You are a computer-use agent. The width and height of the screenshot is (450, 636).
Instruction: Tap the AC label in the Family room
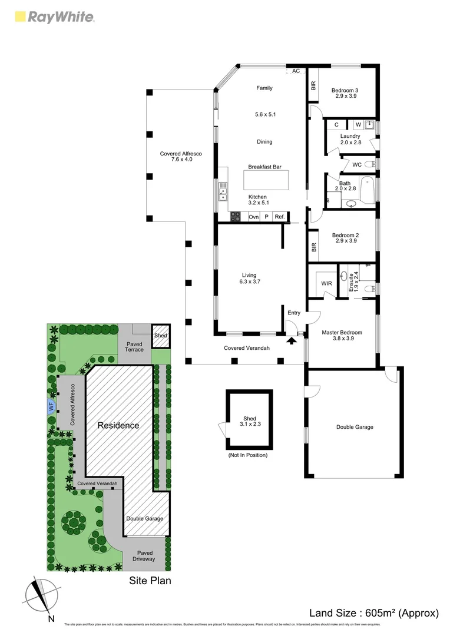pos(296,71)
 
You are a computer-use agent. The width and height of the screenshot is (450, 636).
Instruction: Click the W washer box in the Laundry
pos(358,125)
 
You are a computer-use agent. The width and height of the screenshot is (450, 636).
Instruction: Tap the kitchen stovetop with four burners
pos(236,217)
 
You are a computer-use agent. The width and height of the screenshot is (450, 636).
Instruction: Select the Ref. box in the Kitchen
pos(280,217)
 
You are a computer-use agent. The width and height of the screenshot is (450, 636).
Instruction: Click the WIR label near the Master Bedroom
pos(326,283)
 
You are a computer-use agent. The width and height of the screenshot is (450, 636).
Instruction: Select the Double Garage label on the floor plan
pos(354,427)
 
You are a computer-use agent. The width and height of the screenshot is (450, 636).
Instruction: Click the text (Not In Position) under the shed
pos(247,455)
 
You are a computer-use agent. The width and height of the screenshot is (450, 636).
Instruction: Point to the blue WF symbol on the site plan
pos(51,406)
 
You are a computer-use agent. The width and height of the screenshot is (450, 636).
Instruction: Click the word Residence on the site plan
pos(118,425)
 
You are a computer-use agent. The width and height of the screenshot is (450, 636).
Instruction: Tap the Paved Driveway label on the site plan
pos(144,556)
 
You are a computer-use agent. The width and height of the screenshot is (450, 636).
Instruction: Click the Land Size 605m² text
pos(374,613)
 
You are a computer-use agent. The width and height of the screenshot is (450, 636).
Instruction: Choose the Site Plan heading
pos(150,581)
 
